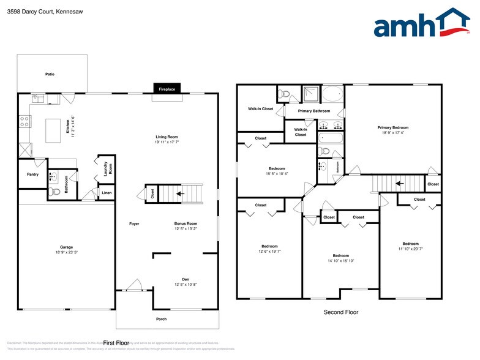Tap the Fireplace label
[167, 89]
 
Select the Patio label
[50, 74]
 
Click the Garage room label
[66, 247]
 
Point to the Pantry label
[32, 174]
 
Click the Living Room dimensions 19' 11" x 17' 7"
[167, 142]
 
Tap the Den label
[186, 279]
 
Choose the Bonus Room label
[186, 223]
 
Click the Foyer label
[134, 223]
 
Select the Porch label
[162, 319]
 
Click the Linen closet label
[107, 193]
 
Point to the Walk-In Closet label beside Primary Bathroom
[260, 108]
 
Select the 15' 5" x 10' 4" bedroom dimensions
[277, 174]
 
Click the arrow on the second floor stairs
[398, 182]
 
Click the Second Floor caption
[341, 312]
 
